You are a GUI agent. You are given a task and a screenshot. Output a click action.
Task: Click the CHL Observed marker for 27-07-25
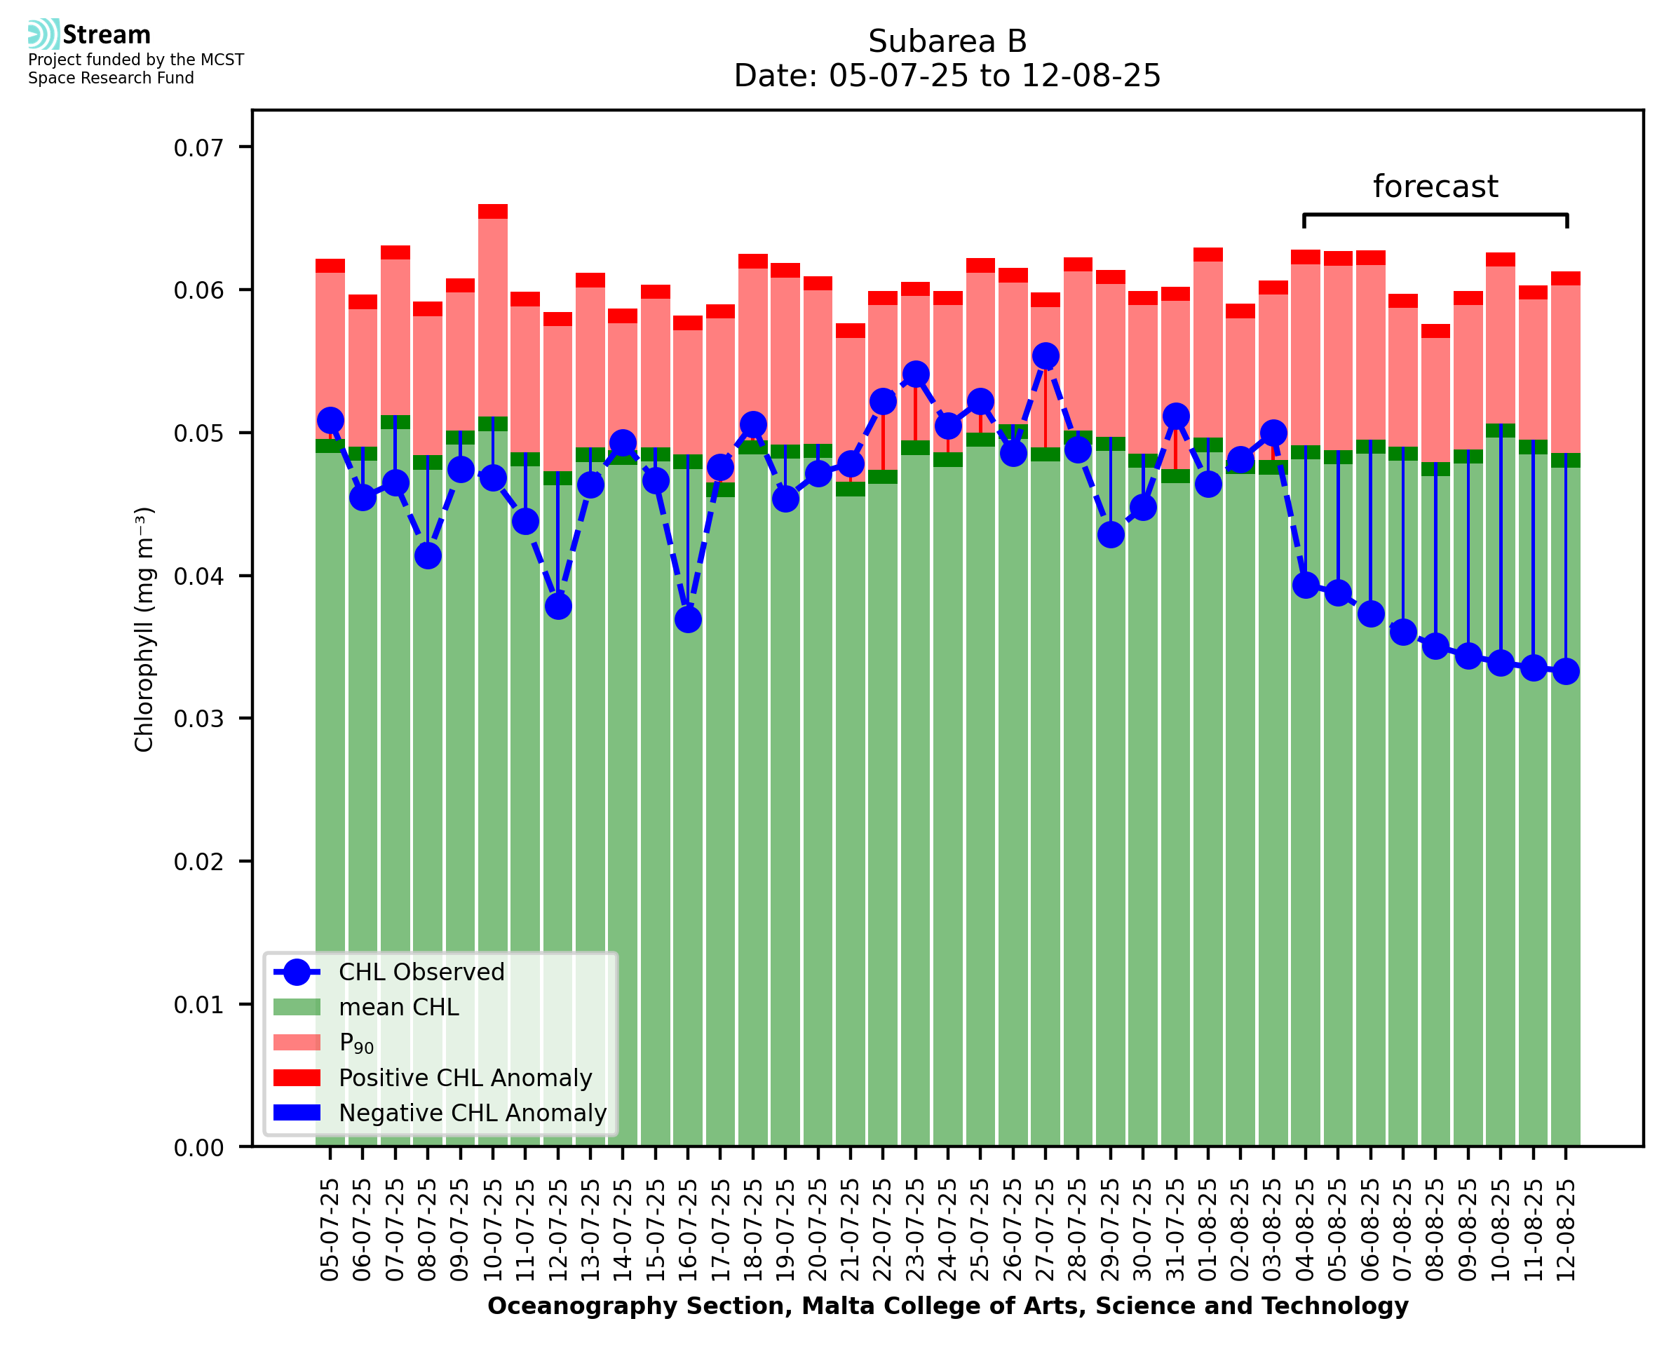[1045, 356]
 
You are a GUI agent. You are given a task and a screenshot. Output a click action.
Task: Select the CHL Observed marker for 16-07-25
[687, 619]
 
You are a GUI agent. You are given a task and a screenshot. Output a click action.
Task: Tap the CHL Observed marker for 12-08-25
[1566, 671]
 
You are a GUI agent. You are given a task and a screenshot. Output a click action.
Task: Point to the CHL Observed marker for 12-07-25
[557, 606]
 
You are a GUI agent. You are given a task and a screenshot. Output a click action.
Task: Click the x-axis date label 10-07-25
[493, 1230]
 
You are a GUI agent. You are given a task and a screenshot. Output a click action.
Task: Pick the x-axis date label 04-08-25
[1306, 1230]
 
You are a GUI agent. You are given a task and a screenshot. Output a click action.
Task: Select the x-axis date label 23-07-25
[915, 1230]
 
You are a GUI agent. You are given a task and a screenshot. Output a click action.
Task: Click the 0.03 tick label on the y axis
[198, 719]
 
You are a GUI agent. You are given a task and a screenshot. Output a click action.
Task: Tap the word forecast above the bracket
[1435, 187]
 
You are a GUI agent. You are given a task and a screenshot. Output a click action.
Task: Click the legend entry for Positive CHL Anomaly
[465, 1078]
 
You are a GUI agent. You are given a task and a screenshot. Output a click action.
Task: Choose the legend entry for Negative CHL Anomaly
[472, 1113]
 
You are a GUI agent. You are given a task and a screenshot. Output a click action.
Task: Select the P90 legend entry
[356, 1043]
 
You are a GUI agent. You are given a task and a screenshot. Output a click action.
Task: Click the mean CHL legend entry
[399, 1007]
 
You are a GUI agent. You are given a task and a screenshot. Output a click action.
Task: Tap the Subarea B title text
[947, 41]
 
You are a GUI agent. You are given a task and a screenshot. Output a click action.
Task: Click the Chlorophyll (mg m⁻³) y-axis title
[144, 628]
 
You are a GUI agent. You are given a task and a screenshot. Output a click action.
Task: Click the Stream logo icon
[43, 34]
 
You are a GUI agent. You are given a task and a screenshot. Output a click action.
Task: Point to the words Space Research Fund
[111, 79]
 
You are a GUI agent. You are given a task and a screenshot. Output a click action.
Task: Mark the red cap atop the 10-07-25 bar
[493, 211]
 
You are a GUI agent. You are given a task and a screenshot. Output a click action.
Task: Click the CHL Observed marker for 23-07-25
[915, 374]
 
